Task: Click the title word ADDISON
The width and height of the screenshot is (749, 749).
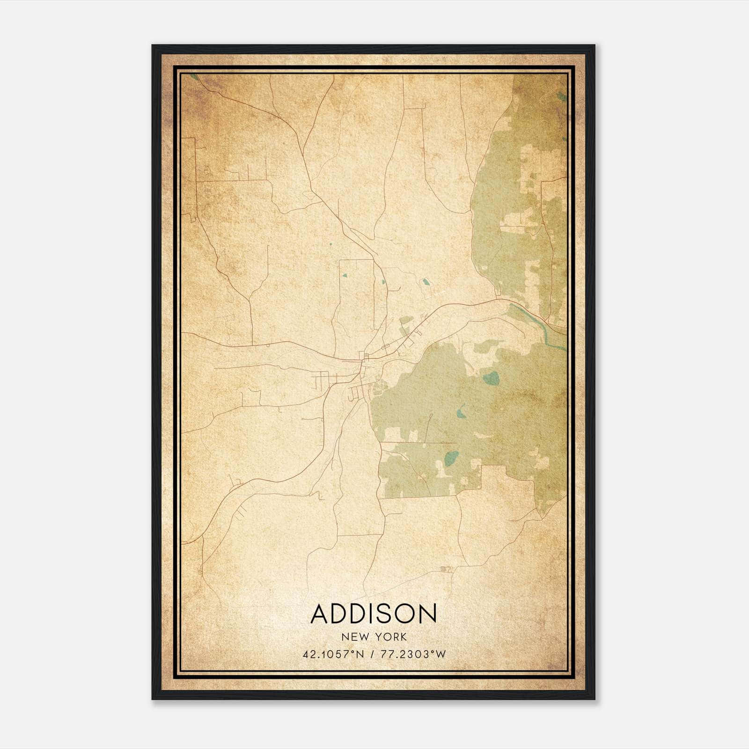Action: tap(374, 614)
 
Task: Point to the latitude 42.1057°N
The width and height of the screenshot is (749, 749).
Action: tap(333, 654)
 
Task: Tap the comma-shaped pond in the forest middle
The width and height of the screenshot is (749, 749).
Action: tap(462, 411)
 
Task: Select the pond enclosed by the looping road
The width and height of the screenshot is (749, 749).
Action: tap(426, 282)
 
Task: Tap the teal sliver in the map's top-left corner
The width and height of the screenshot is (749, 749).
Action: tap(194, 77)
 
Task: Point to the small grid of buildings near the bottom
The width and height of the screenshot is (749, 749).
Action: tap(445, 569)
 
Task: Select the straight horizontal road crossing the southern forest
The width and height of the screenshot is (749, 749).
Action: tap(419, 442)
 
